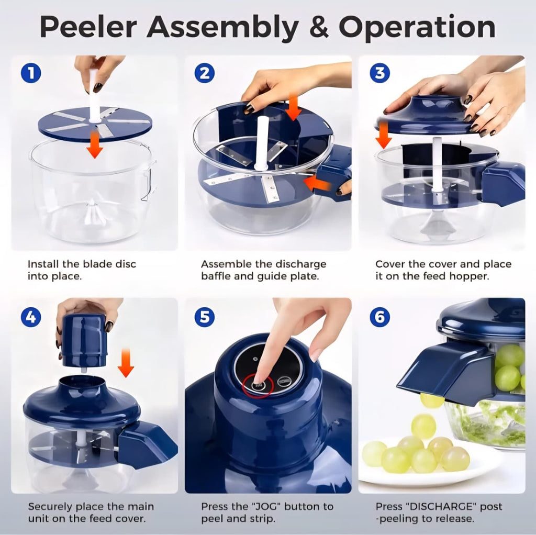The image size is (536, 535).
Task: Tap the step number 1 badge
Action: click(x=30, y=73)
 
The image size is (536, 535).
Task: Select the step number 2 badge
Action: click(x=204, y=73)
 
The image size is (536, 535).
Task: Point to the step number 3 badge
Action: click(x=379, y=73)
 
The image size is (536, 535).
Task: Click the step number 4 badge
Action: click(x=30, y=317)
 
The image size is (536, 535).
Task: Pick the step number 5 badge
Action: click(x=204, y=317)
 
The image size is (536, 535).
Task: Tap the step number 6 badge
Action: click(x=379, y=317)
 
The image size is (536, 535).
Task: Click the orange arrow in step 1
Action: click(x=95, y=145)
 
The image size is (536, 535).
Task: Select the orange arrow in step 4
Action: click(x=125, y=362)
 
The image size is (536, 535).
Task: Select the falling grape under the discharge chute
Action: click(x=432, y=400)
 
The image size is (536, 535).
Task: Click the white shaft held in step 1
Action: click(x=94, y=94)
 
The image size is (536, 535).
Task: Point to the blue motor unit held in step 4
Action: click(x=84, y=340)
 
